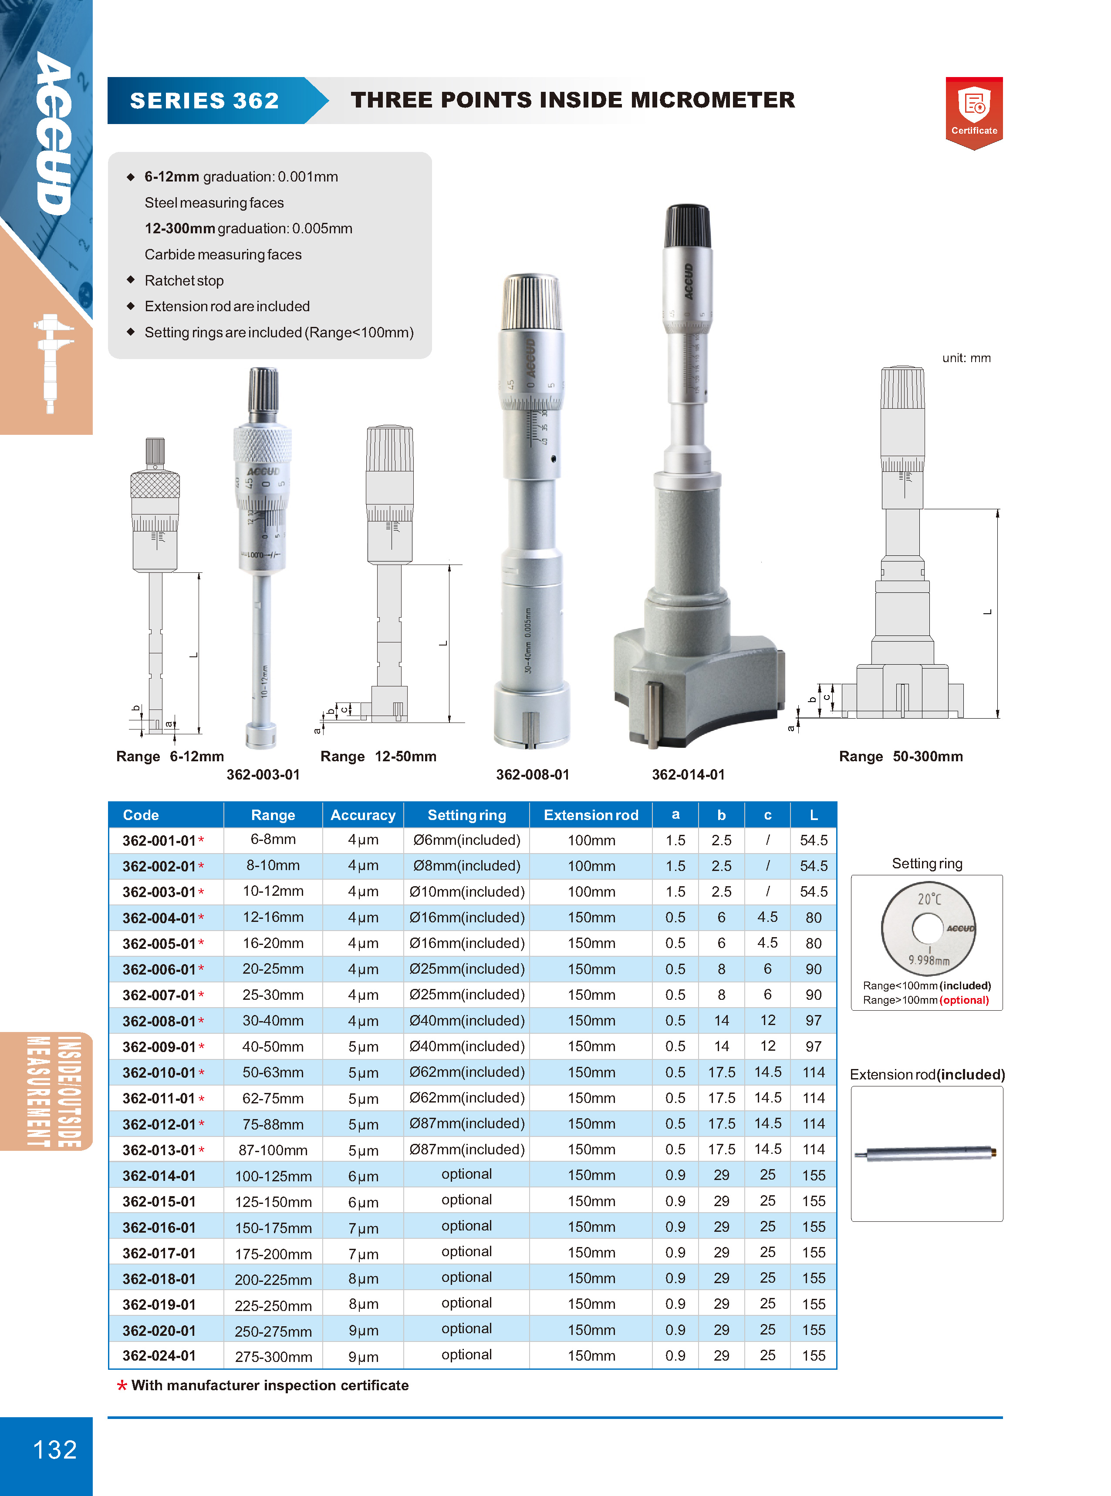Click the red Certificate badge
tap(974, 112)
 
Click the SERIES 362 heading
tap(204, 100)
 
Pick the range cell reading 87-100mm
tap(273, 1150)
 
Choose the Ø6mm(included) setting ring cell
tap(467, 840)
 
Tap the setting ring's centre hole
tap(927, 929)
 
